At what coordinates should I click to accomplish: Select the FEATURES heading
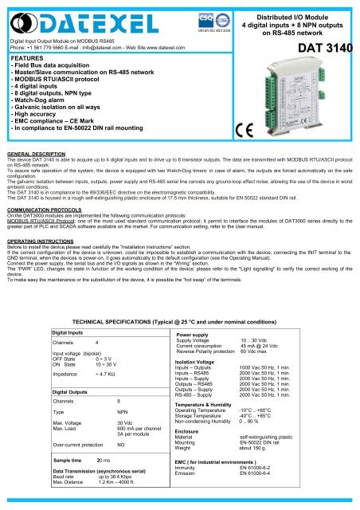[x=27, y=59]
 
